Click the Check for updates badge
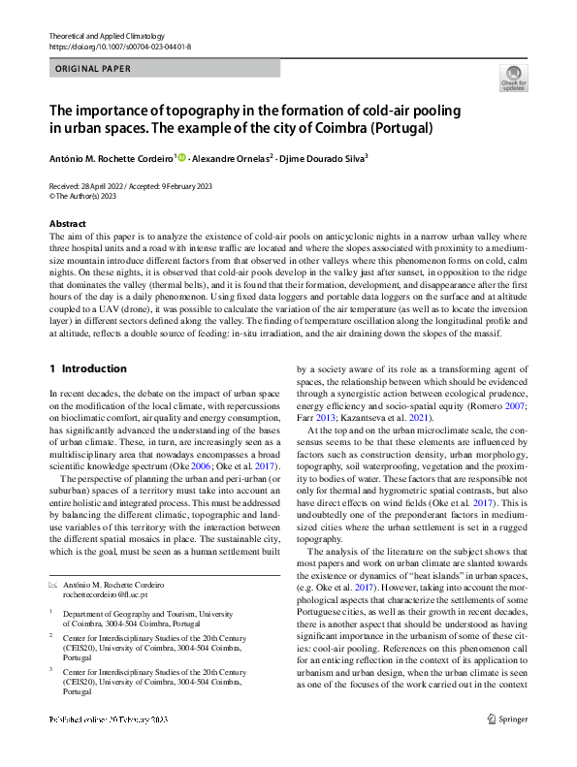point(513,79)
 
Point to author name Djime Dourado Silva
point(330,158)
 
